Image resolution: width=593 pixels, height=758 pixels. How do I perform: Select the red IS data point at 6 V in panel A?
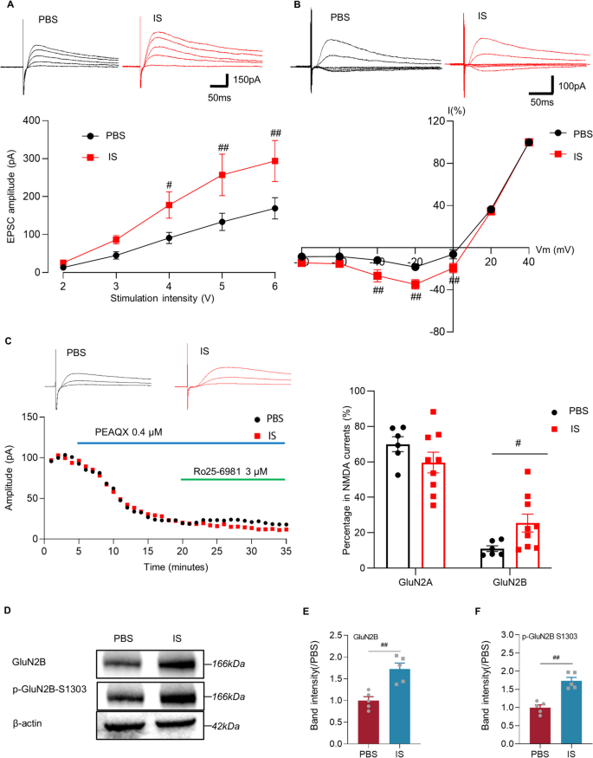(275, 161)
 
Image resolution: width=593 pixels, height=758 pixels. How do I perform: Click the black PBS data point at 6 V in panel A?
(275, 208)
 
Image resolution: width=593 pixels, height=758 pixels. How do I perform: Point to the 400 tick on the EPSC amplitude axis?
(40, 120)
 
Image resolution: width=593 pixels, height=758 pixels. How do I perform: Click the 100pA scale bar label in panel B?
(569, 87)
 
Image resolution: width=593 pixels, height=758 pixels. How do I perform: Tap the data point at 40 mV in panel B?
(529, 142)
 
